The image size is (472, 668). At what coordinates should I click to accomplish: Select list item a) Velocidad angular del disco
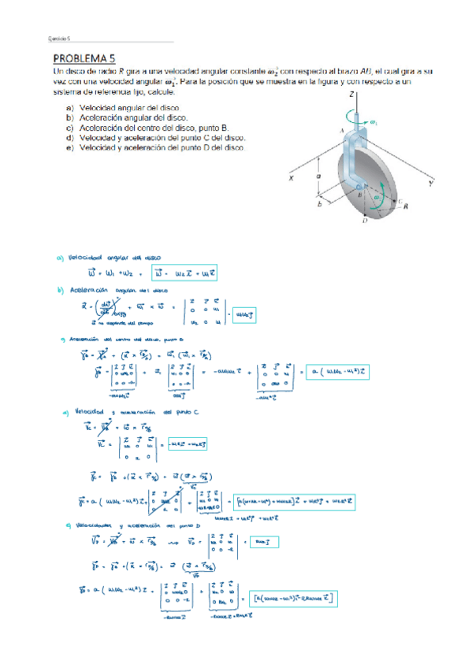tap(122, 107)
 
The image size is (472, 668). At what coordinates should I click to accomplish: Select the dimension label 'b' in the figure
tap(320, 204)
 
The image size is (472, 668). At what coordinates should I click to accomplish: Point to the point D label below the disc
tap(365, 223)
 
